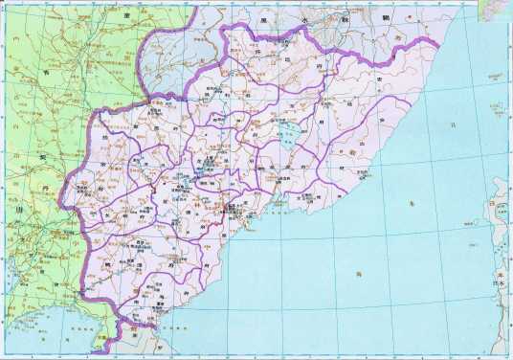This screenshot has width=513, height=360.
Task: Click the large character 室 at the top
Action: tap(126, 16)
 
